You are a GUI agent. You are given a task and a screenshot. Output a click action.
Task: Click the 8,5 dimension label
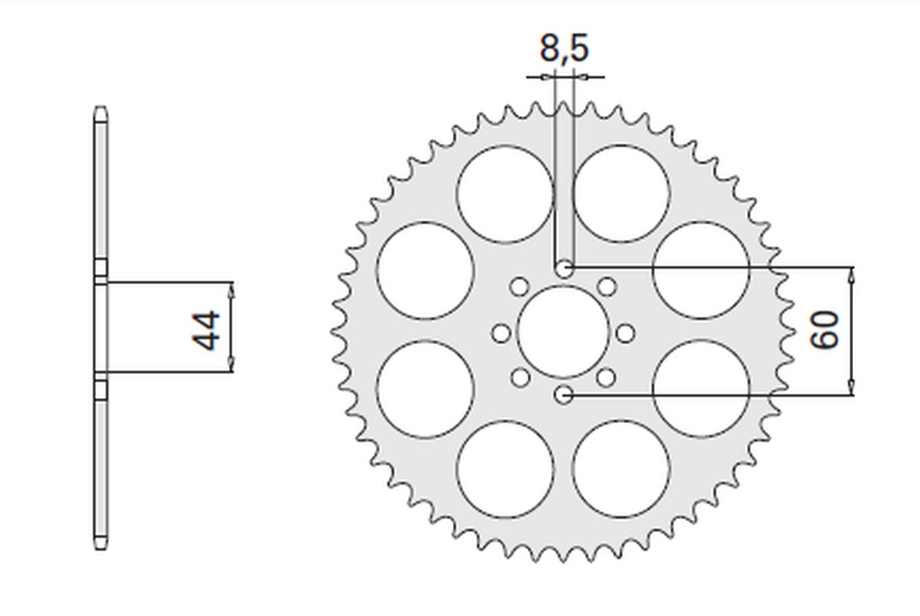click(x=563, y=49)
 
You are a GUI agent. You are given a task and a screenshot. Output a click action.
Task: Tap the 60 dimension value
click(x=825, y=330)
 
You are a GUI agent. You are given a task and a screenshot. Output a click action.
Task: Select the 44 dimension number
click(x=206, y=330)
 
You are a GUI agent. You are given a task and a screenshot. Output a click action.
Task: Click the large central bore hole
click(x=563, y=332)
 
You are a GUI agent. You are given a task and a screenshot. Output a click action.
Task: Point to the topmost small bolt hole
click(x=564, y=269)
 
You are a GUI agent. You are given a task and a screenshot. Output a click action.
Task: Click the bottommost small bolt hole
click(x=564, y=394)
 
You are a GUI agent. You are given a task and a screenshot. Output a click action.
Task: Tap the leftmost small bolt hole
click(x=501, y=333)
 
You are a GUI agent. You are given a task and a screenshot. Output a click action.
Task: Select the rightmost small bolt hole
click(x=626, y=333)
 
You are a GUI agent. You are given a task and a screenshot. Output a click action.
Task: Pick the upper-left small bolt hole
click(x=519, y=288)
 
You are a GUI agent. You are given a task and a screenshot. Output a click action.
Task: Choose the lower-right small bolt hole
click(x=607, y=377)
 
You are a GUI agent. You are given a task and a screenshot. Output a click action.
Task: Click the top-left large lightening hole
click(x=505, y=194)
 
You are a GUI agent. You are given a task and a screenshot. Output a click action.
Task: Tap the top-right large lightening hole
click(x=621, y=194)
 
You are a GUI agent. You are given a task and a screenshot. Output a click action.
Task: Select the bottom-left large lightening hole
click(x=505, y=469)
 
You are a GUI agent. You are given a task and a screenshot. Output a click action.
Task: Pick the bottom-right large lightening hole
click(x=621, y=469)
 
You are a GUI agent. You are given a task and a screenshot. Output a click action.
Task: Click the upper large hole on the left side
click(x=425, y=271)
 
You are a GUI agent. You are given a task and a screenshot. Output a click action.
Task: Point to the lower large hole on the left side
click(x=425, y=390)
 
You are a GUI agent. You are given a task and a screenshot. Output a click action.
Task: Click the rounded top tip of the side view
click(x=100, y=109)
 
